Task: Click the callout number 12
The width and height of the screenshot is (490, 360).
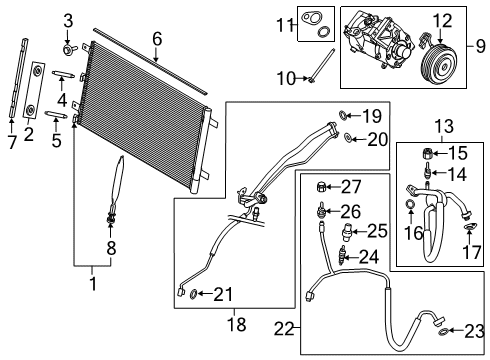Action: [441, 18]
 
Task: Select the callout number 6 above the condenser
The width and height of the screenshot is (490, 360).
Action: [156, 39]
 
